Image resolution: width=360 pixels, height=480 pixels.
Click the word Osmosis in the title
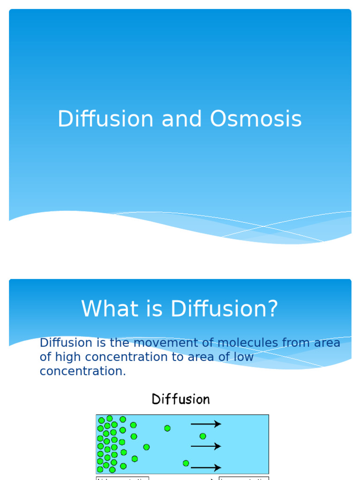[x=255, y=119]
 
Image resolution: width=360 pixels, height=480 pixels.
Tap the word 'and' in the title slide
[x=181, y=119]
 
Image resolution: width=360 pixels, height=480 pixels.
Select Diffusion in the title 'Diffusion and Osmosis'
[x=105, y=119]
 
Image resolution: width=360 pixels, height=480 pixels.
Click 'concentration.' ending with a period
[x=83, y=371]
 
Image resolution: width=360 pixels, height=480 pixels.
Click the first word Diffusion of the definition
[x=63, y=343]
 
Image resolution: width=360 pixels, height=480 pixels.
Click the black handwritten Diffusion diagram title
[x=180, y=399]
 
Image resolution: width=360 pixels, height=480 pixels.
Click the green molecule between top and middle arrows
[x=202, y=436]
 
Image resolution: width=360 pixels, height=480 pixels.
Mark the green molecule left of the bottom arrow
[x=186, y=463]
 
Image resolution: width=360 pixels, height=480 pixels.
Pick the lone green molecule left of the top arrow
[x=167, y=428]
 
